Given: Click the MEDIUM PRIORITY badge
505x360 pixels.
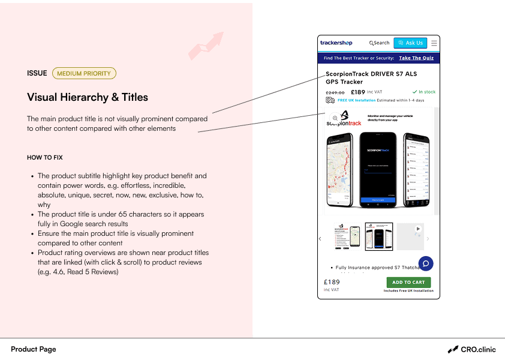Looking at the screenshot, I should pos(84,73).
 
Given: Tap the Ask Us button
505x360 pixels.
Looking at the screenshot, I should pos(410,43).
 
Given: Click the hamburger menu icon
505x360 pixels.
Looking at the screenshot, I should pos(434,43).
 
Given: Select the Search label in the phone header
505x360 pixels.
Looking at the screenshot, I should pos(380,43).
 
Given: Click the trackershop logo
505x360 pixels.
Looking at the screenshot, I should pos(336,43).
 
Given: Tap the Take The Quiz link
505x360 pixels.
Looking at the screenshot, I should pos(416,58).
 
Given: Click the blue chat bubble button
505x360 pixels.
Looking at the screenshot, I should pos(426,263).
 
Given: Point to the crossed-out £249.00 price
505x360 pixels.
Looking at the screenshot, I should pos(335,92).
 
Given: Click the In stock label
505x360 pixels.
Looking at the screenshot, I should pos(424,92).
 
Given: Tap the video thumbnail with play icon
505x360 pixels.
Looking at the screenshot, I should pos(410,236).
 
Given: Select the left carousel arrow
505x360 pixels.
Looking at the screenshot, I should pos(320,239).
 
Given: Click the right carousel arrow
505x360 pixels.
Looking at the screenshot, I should pos(428,239).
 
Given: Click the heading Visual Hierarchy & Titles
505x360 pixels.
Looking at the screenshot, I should pos(88,97).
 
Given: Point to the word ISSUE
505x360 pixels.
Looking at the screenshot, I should pos(37,73).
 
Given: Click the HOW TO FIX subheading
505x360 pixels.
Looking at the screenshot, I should pos(45,158).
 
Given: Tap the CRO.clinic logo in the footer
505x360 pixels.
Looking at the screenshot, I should pos(472,349).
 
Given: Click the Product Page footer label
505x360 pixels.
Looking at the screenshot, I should pos(34,349).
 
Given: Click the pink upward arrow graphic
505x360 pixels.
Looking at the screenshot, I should pos(206,46).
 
